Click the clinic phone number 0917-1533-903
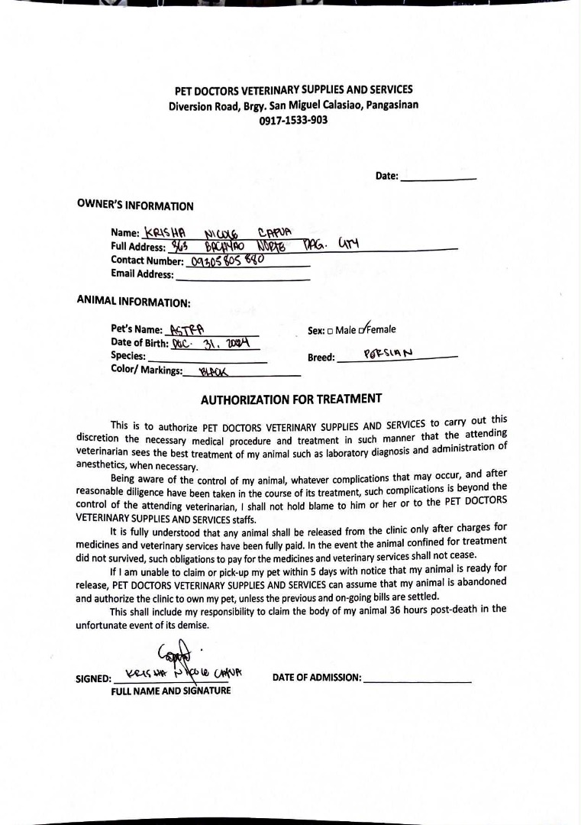tap(293, 120)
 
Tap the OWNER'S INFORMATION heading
tap(135, 205)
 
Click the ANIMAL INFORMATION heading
tap(134, 302)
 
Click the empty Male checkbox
tap(330, 332)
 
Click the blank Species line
tap(207, 357)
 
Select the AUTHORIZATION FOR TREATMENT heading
tap(291, 400)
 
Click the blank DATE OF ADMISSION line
tap(418, 678)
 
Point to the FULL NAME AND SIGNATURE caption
tap(171, 691)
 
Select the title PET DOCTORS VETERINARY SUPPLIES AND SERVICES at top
tap(293, 90)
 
